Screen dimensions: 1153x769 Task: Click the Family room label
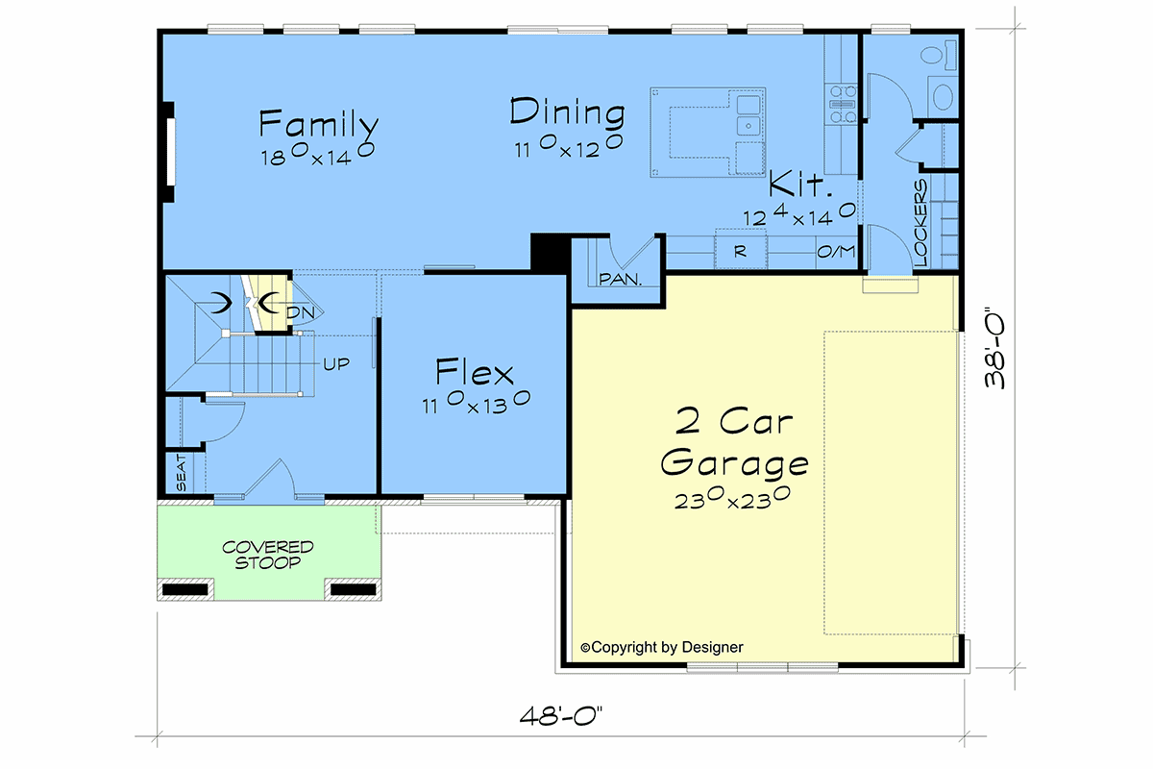click(x=319, y=124)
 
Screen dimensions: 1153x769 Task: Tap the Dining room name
click(x=567, y=112)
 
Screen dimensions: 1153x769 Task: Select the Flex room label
click(x=475, y=372)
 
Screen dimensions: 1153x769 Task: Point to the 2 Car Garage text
click(x=734, y=443)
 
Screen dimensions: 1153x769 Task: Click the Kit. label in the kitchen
click(x=800, y=185)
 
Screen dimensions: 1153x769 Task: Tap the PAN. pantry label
click(x=621, y=279)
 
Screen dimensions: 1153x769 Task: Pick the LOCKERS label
click(x=920, y=222)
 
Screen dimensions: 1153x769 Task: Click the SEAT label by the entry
click(x=182, y=472)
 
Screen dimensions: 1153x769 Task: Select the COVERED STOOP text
click(x=268, y=555)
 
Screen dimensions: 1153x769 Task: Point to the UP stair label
click(x=336, y=364)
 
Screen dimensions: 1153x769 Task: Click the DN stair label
click(x=300, y=312)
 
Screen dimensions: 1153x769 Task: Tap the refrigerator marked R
click(x=740, y=251)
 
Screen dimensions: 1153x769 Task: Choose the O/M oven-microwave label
click(x=836, y=251)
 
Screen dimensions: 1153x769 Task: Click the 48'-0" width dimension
click(x=560, y=716)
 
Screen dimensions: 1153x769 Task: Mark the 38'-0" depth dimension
click(x=994, y=348)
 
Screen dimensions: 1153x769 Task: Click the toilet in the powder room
click(x=939, y=55)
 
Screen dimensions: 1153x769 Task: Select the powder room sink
click(x=943, y=96)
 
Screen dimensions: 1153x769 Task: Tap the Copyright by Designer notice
click(x=662, y=648)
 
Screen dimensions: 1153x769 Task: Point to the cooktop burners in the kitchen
click(x=842, y=105)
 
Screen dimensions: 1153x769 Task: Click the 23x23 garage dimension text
click(x=732, y=498)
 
